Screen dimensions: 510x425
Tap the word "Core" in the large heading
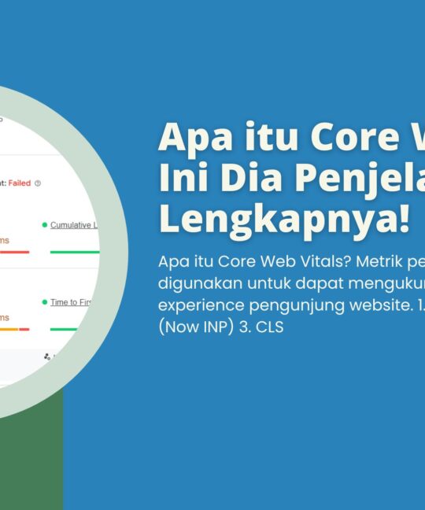click(x=323, y=139)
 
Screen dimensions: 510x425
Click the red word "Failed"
click(x=19, y=183)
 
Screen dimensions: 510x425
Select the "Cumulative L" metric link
click(x=73, y=225)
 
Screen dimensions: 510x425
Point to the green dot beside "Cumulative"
click(x=44, y=225)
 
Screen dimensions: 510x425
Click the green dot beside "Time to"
click(x=44, y=302)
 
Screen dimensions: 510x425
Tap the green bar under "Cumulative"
click(x=74, y=252)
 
